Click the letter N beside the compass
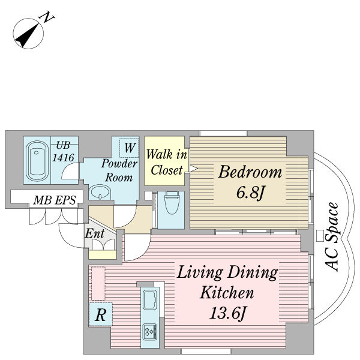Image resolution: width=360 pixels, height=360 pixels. click(x=47, y=17)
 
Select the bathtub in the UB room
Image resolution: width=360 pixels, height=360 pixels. click(x=37, y=161)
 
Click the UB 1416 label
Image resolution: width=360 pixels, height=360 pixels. click(x=64, y=152)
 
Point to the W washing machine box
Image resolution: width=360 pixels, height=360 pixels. click(x=129, y=148)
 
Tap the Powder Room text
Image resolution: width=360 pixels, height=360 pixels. click(x=119, y=170)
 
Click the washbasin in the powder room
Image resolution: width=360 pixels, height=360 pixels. click(x=100, y=192)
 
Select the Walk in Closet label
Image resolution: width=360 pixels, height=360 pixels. click(x=167, y=162)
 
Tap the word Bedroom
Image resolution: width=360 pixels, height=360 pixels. click(x=250, y=172)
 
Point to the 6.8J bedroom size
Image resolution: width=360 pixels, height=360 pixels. click(x=250, y=193)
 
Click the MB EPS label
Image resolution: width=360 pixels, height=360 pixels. click(x=55, y=200)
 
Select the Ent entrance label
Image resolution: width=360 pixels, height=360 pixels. click(x=95, y=234)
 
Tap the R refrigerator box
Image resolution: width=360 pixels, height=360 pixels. click(x=101, y=314)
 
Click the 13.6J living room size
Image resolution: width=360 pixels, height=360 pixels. click(x=227, y=313)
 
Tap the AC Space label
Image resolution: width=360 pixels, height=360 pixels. click(x=332, y=237)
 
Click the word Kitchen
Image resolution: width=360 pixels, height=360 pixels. click(x=227, y=292)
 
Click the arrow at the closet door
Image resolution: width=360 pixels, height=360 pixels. click(x=193, y=169)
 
